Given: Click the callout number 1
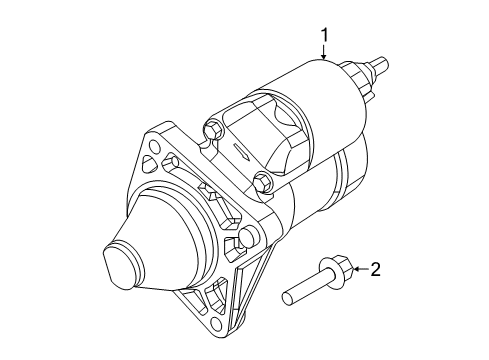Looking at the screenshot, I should coord(324,38).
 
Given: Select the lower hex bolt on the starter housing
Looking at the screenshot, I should coord(262,182).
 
